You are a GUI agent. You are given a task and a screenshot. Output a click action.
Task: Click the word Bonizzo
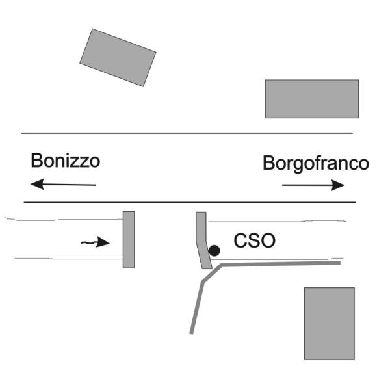pyautogui.click(x=66, y=161)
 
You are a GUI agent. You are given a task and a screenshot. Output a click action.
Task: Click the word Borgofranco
pyautogui.click(x=316, y=164)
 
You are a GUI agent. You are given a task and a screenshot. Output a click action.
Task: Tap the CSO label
pyautogui.click(x=254, y=240)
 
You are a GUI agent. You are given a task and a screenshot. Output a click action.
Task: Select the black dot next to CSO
pyautogui.click(x=214, y=251)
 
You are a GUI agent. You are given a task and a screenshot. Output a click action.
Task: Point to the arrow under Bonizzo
pyautogui.click(x=63, y=185)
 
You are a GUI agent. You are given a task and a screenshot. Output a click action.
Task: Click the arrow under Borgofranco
pyautogui.click(x=313, y=185)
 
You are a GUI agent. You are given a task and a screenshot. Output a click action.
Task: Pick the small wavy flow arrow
pyautogui.click(x=96, y=242)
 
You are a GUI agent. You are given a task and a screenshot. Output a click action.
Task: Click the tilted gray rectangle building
pyautogui.click(x=118, y=57)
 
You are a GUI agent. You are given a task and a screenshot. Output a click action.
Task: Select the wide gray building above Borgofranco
pyautogui.click(x=312, y=99)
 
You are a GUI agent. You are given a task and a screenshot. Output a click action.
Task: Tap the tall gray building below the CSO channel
pyautogui.click(x=330, y=324)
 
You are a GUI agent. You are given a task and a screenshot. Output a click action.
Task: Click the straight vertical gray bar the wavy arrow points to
pyautogui.click(x=129, y=240)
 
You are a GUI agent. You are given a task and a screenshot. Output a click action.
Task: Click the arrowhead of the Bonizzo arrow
pyautogui.click(x=37, y=185)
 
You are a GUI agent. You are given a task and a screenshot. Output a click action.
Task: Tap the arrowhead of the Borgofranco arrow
pyautogui.click(x=338, y=185)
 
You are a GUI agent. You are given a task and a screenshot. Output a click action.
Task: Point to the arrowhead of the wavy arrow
pyautogui.click(x=103, y=242)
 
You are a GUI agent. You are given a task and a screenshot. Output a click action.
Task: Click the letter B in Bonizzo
pyautogui.click(x=36, y=161)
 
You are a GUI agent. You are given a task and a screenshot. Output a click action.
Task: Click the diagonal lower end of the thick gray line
pyautogui.click(x=191, y=333)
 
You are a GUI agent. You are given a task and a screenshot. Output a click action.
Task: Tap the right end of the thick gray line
pyautogui.click(x=340, y=263)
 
